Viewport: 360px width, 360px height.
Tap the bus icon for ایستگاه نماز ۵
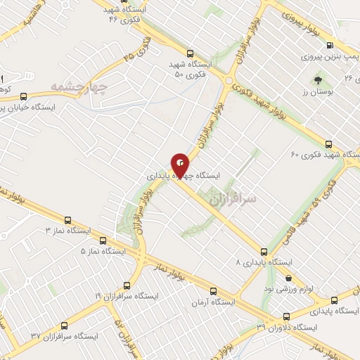tap(103, 239)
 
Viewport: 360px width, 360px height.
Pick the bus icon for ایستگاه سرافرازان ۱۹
tap(127, 285)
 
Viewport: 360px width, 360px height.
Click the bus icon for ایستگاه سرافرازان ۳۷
tap(65, 326)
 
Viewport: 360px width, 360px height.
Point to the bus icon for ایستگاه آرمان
tap(214, 290)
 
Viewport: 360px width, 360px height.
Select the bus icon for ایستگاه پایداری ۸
tap(264, 251)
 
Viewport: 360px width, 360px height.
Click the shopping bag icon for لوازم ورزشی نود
tap(288, 278)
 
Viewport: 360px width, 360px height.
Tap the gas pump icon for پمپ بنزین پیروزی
tap(350, 44)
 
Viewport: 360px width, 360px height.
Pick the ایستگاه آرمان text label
tap(214, 302)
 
